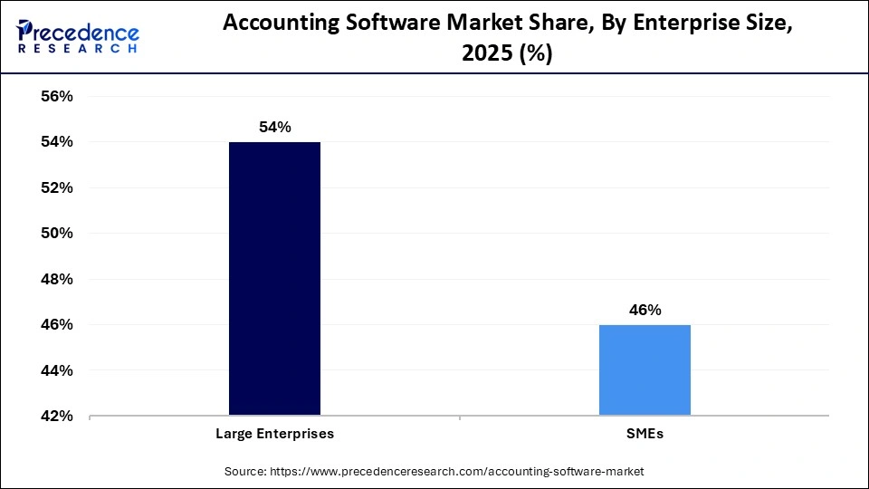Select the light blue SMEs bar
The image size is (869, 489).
click(x=645, y=370)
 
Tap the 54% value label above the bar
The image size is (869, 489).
click(x=274, y=128)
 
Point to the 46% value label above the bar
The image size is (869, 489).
click(x=645, y=310)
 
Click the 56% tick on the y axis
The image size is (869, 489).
click(x=55, y=96)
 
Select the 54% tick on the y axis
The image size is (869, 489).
click(x=55, y=142)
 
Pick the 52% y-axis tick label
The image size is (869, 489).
click(x=55, y=187)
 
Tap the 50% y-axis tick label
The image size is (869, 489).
click(x=55, y=234)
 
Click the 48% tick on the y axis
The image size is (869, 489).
click(x=55, y=279)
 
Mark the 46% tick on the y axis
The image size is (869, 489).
click(x=55, y=325)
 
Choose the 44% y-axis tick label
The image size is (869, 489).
click(x=55, y=370)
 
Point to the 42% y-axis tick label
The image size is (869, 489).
click(x=55, y=417)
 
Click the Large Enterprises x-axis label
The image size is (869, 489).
click(x=274, y=434)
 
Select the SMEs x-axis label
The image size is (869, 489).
click(x=645, y=434)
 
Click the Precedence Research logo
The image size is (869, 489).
click(x=77, y=36)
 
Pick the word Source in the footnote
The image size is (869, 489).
click(x=245, y=472)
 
